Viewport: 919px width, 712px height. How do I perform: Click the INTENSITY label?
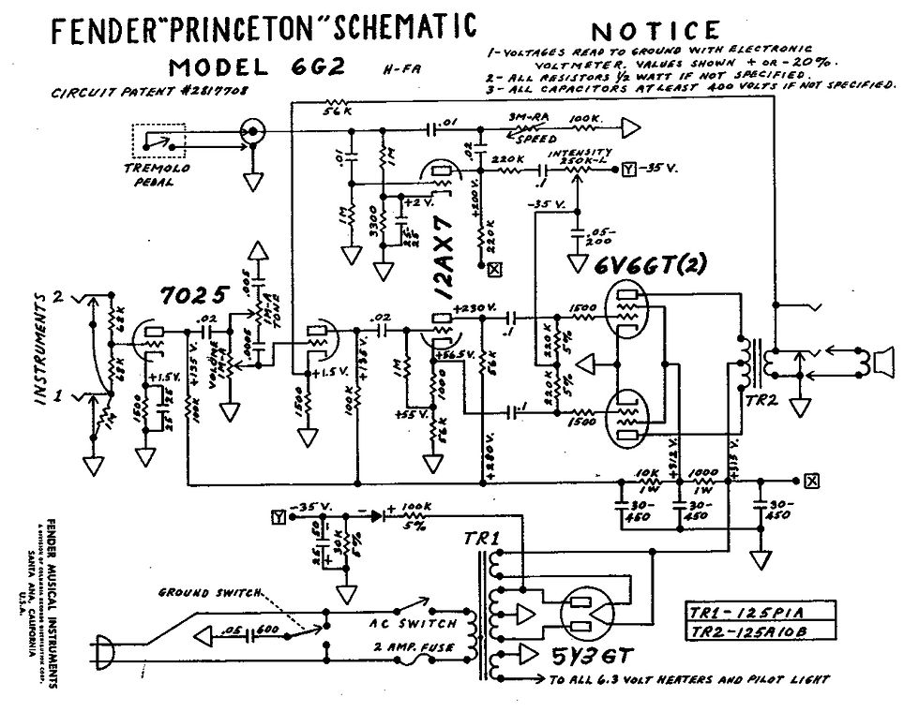tap(581, 152)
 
